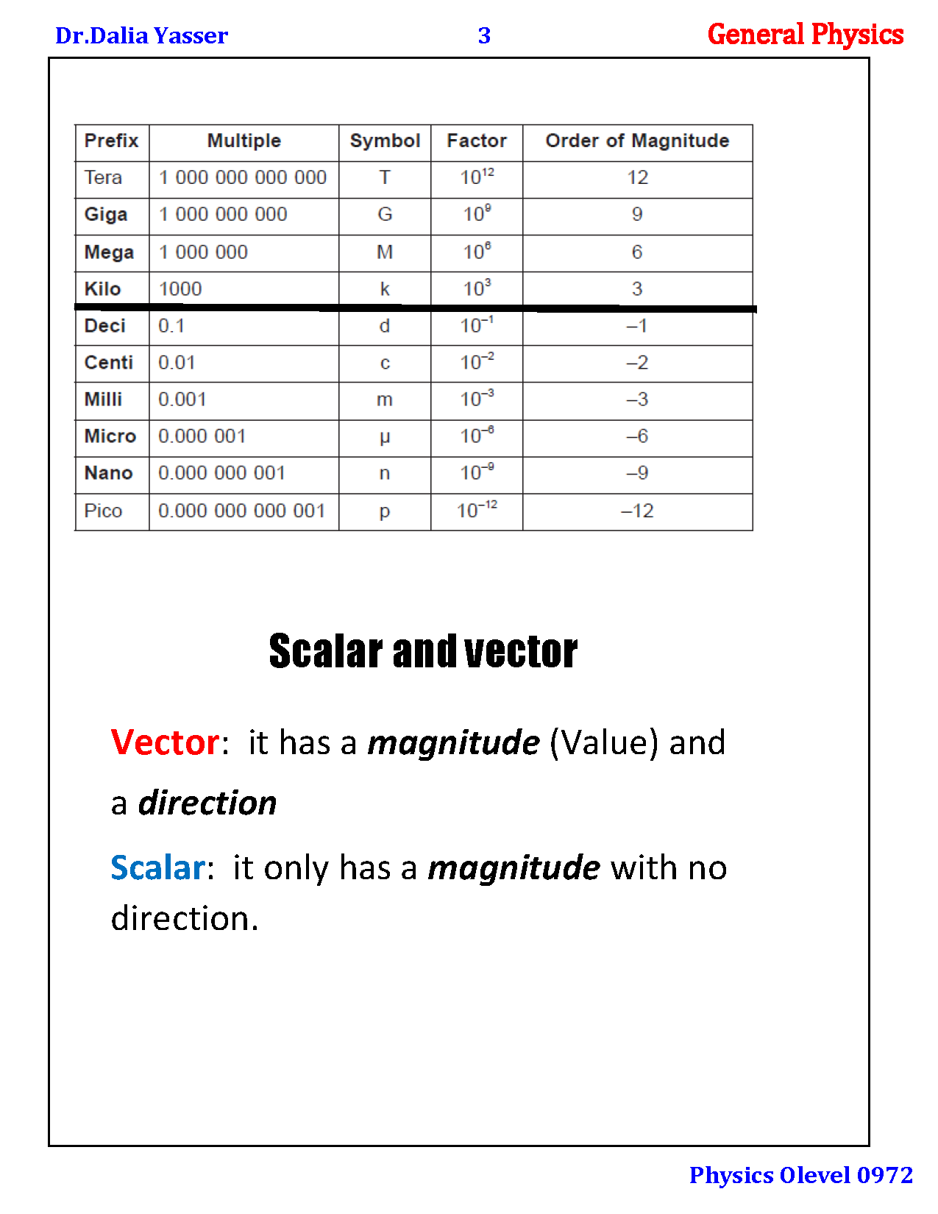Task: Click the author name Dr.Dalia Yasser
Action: pos(141,35)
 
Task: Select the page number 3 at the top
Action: pos(484,35)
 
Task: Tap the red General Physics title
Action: pos(805,35)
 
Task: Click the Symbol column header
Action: pos(385,141)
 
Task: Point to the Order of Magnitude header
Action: pos(637,141)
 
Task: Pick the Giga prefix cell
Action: pos(106,215)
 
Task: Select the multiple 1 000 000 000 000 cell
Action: pos(243,177)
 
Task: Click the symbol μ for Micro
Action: pos(385,437)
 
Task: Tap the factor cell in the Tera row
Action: pos(477,177)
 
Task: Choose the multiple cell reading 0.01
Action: pos(177,363)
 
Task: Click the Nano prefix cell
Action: pos(108,473)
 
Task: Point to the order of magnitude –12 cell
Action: pos(637,511)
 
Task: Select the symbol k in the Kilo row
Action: pos(385,289)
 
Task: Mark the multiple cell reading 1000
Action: pos(180,289)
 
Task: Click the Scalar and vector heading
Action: pos(423,651)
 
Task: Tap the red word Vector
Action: pos(165,742)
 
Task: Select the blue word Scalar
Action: pos(157,867)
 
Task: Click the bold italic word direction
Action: pos(207,803)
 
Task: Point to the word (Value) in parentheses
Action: pos(603,742)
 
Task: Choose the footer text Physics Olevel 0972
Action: pos(800,1175)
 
